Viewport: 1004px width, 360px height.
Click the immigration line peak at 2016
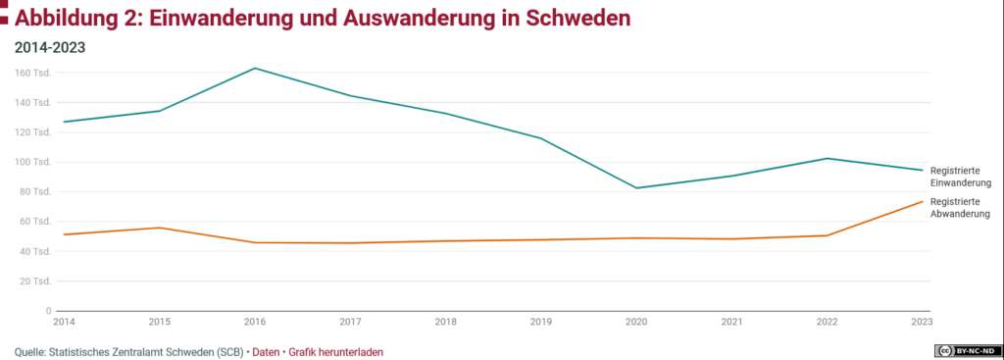pyautogui.click(x=255, y=68)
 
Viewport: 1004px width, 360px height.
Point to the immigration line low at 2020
pyautogui.click(x=636, y=188)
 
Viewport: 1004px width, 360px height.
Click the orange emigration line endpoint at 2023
pyautogui.click(x=923, y=201)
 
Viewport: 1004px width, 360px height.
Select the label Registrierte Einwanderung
pyautogui.click(x=961, y=177)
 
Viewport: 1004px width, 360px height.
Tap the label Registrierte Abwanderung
pyautogui.click(x=961, y=207)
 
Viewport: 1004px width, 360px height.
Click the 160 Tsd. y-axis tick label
pyautogui.click(x=33, y=73)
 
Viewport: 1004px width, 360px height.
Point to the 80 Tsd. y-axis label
pyautogui.click(x=35, y=191)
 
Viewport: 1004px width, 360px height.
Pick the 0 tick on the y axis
pyautogui.click(x=47, y=311)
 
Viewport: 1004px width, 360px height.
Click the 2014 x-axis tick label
pyautogui.click(x=64, y=322)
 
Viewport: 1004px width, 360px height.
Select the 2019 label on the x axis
pyautogui.click(x=541, y=322)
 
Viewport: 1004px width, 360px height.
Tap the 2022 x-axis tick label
pyautogui.click(x=828, y=322)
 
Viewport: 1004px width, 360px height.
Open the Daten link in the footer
pyautogui.click(x=266, y=351)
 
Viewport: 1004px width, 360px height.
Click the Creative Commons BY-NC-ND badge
pyautogui.click(x=968, y=350)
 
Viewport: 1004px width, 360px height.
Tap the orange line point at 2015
pyautogui.click(x=159, y=228)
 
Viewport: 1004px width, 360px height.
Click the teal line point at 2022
pyautogui.click(x=828, y=158)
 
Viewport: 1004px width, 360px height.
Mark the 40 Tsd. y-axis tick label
pyautogui.click(x=35, y=251)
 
